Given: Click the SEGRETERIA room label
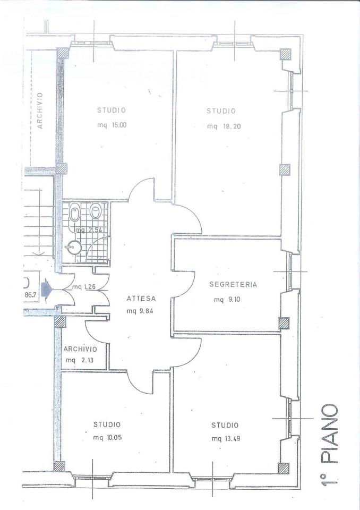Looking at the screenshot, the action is (233, 285).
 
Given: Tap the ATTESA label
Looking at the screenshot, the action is (141, 298).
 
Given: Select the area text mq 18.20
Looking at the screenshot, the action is (224, 126).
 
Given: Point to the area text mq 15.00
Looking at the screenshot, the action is (112, 125).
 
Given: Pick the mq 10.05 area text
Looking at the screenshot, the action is (108, 437).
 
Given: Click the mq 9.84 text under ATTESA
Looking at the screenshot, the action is (140, 311).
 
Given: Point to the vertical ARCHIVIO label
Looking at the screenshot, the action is (40, 110).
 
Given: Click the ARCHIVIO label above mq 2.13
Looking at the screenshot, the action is (80, 350).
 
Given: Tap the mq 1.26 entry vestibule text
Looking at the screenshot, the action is (84, 287).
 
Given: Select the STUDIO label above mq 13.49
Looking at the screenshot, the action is (225, 425).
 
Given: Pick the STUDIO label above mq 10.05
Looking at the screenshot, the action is (107, 424).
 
